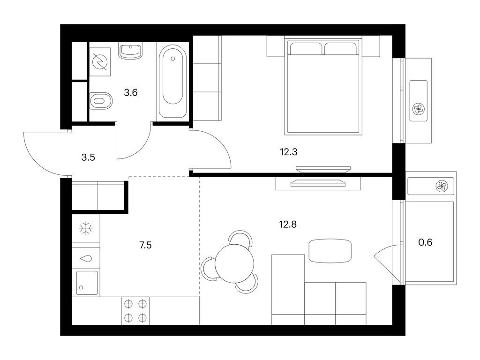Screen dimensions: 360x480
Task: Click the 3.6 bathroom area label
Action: pyautogui.click(x=130, y=93)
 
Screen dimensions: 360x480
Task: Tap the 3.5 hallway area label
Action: pyautogui.click(x=88, y=157)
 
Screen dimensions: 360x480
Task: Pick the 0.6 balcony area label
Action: pyautogui.click(x=425, y=242)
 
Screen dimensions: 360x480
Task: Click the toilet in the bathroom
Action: pyautogui.click(x=100, y=100)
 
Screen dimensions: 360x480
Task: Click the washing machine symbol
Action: pyautogui.click(x=99, y=62)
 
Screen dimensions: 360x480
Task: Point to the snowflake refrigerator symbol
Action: pyautogui.click(x=86, y=229)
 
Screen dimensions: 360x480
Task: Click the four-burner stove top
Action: pyautogui.click(x=135, y=310)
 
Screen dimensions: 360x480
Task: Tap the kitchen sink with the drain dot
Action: pyautogui.click(x=87, y=283)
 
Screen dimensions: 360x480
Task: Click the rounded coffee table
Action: pyautogui.click(x=330, y=250)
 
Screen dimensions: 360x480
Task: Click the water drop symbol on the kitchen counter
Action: pyautogui.click(x=87, y=258)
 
